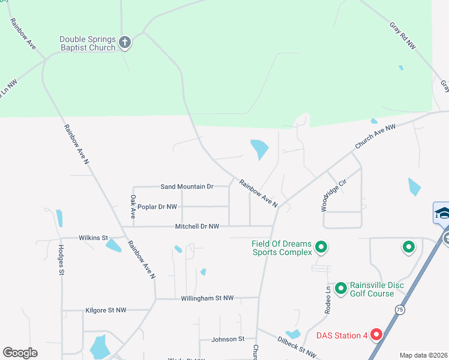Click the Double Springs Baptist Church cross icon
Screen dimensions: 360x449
(x=125, y=42)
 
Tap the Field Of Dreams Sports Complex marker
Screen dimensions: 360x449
(x=321, y=247)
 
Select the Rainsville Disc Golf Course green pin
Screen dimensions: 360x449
(x=341, y=289)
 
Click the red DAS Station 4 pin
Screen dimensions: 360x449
(x=376, y=335)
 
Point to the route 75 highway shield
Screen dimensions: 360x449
(x=400, y=308)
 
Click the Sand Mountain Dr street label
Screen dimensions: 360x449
(x=187, y=187)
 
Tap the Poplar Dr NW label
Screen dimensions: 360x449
(x=157, y=206)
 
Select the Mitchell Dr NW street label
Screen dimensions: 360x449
(x=197, y=226)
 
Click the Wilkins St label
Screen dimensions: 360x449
(x=93, y=238)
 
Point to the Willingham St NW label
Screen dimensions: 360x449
(x=211, y=298)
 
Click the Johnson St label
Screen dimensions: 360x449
(x=228, y=339)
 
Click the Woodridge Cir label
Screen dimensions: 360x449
(x=334, y=195)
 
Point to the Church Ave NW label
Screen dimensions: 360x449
(x=375, y=137)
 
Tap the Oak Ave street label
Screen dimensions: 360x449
(x=132, y=206)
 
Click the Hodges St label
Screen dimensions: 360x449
(x=61, y=260)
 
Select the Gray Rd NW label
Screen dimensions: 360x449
(x=402, y=36)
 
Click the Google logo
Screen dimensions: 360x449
(x=20, y=353)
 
